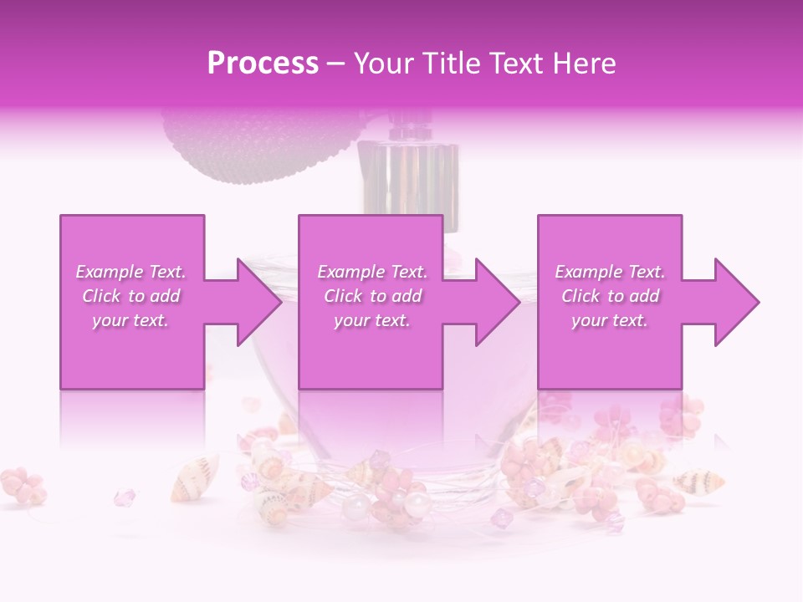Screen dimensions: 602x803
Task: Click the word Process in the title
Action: pyautogui.click(x=263, y=64)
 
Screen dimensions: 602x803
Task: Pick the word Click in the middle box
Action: pyautogui.click(x=342, y=296)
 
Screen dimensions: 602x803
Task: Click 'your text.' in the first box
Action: pyautogui.click(x=130, y=320)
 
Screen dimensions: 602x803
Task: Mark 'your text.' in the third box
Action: pyautogui.click(x=610, y=320)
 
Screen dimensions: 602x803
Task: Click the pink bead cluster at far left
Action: pyautogui.click(x=24, y=485)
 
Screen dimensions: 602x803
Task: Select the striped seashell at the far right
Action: pyautogui.click(x=698, y=482)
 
